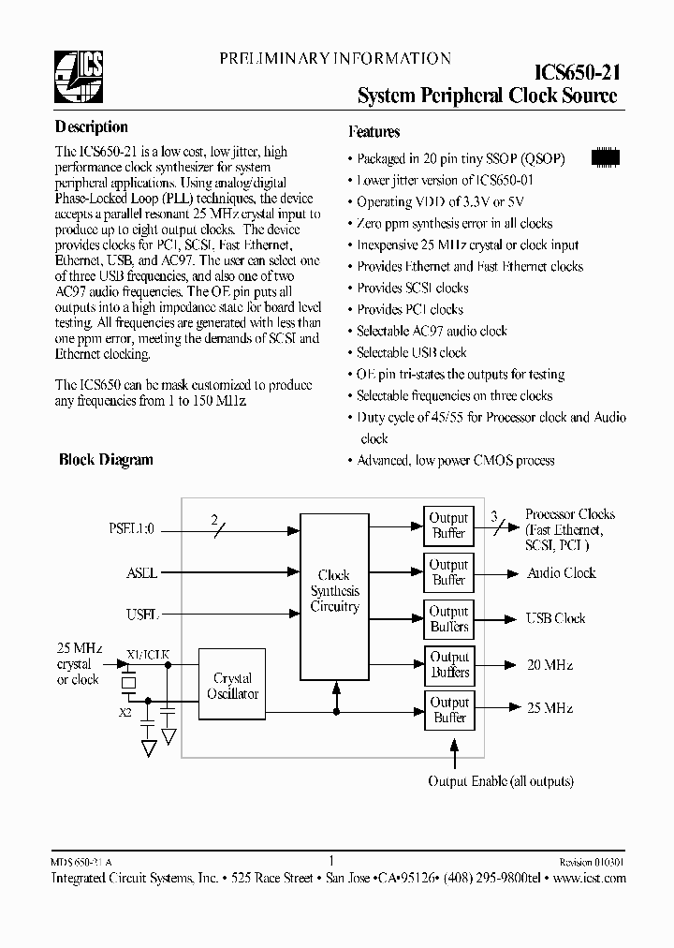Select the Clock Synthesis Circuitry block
[334, 596]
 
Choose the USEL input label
[142, 615]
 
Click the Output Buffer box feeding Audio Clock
[448, 572]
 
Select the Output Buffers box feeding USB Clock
[448, 618]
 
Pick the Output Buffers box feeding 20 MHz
[448, 664]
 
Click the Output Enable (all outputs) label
[501, 781]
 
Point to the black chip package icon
[606, 157]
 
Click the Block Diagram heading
[106, 460]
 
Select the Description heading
[92, 127]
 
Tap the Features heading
[374, 132]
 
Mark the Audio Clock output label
[562, 572]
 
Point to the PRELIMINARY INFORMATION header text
[335, 59]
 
